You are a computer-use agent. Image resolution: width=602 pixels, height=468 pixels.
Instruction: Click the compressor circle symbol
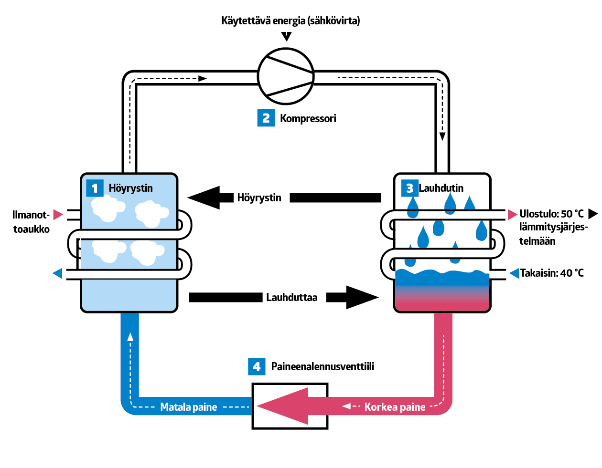click(x=286, y=76)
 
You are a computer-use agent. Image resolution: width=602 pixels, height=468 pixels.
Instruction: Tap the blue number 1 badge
click(x=95, y=188)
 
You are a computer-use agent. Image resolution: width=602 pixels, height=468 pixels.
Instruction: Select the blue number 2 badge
click(x=266, y=118)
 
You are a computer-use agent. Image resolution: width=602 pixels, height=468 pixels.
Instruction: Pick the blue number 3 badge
click(x=409, y=188)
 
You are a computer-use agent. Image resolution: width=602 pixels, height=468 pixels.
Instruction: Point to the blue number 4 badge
click(x=257, y=366)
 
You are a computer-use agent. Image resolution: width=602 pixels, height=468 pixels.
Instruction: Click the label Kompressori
click(x=308, y=118)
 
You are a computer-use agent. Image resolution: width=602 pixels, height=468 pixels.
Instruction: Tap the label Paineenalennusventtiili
click(x=322, y=366)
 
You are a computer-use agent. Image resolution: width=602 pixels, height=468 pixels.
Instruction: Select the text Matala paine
click(x=188, y=407)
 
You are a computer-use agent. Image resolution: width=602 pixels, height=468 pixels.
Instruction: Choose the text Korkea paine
click(x=395, y=407)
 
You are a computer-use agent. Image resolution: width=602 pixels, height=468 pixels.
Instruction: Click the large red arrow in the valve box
click(x=287, y=406)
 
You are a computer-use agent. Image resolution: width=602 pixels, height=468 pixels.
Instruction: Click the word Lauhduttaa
click(x=291, y=297)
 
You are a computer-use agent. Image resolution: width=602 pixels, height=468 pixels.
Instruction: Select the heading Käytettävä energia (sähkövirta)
click(x=290, y=21)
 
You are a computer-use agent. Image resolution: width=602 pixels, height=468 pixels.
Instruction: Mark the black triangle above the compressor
click(x=286, y=36)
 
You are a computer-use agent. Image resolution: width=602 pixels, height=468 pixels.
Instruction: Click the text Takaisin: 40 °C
click(x=551, y=273)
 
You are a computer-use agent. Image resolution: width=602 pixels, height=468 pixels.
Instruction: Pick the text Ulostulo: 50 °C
click(x=551, y=214)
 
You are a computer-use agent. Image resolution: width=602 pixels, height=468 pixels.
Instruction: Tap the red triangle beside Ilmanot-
click(x=58, y=214)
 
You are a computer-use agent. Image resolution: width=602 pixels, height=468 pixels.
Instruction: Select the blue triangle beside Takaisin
click(x=514, y=273)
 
